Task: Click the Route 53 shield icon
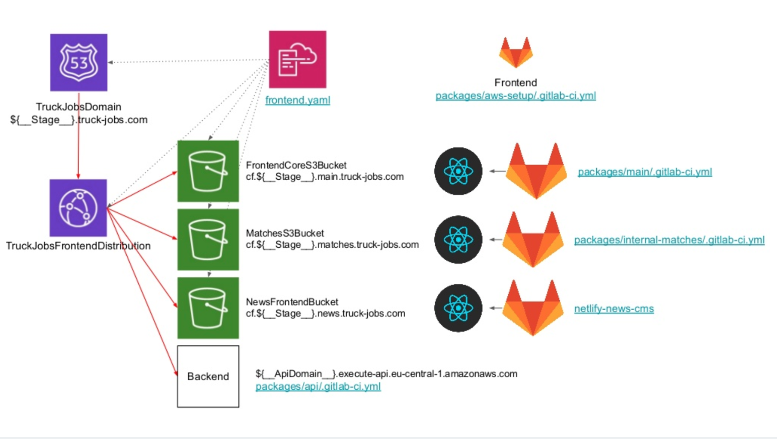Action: pyautogui.click(x=79, y=62)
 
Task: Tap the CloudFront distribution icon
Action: pyautogui.click(x=78, y=207)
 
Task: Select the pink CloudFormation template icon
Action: pyautogui.click(x=297, y=59)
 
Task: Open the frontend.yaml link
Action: pyautogui.click(x=297, y=100)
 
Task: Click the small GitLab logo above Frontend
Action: pyautogui.click(x=516, y=52)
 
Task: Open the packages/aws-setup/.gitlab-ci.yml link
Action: pyautogui.click(x=515, y=96)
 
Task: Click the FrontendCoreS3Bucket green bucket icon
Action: pyautogui.click(x=208, y=171)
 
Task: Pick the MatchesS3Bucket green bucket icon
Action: pyautogui.click(x=208, y=240)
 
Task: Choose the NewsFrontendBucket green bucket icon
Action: pyautogui.click(x=208, y=308)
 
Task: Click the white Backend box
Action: pyautogui.click(x=208, y=376)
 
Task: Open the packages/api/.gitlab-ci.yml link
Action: pyautogui.click(x=318, y=387)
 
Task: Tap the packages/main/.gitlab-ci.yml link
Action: pyautogui.click(x=645, y=172)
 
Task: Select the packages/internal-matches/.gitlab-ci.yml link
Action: pyautogui.click(x=669, y=240)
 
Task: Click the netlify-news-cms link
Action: pyautogui.click(x=614, y=309)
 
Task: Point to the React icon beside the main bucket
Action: pyautogui.click(x=458, y=171)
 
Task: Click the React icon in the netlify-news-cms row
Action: pyautogui.click(x=458, y=308)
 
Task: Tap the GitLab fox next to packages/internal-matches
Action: pyautogui.click(x=533, y=240)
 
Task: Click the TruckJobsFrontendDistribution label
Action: pyautogui.click(x=78, y=246)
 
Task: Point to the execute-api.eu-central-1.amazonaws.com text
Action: pyautogui.click(x=386, y=374)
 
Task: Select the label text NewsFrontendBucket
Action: pyautogui.click(x=292, y=302)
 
